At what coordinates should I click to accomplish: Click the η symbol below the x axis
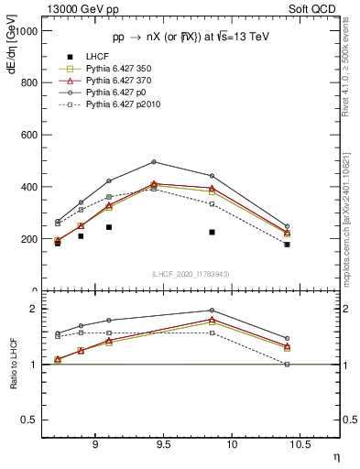click(x=336, y=456)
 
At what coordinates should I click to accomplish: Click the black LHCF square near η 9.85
click(x=212, y=233)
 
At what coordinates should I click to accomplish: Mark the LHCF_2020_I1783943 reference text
click(x=191, y=275)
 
